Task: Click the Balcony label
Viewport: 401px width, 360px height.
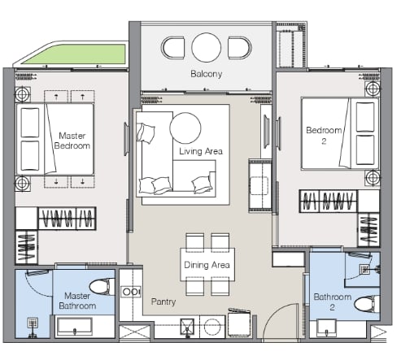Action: click(x=207, y=74)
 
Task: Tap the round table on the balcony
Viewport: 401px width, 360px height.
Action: click(x=207, y=47)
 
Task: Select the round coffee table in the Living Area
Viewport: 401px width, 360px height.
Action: click(x=185, y=128)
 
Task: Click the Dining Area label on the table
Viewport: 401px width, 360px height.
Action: click(x=207, y=265)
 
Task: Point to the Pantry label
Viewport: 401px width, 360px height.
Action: click(x=163, y=301)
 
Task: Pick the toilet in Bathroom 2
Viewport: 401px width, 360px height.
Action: click(x=367, y=305)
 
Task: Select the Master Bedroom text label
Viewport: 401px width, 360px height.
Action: click(x=72, y=141)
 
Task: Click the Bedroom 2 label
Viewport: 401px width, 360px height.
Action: click(x=324, y=136)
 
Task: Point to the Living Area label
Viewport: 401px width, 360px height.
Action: click(x=201, y=151)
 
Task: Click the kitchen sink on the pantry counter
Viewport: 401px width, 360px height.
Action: click(x=187, y=327)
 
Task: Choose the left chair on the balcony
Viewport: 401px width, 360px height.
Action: click(x=173, y=48)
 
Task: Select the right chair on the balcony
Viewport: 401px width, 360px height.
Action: click(x=240, y=48)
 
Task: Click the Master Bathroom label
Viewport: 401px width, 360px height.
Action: click(x=77, y=301)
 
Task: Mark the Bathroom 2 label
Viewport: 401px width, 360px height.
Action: click(x=333, y=301)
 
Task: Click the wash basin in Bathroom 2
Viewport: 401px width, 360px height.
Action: click(x=327, y=328)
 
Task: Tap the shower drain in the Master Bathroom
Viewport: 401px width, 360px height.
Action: click(x=33, y=323)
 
